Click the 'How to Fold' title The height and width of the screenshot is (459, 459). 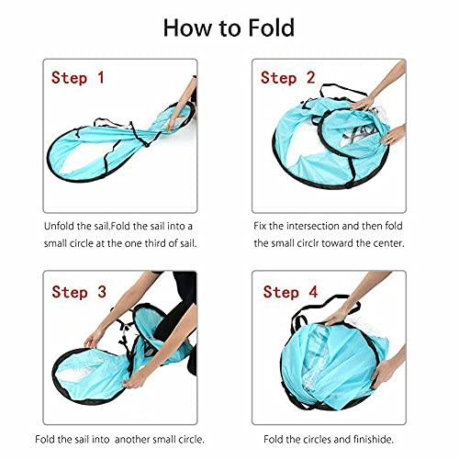click(x=229, y=27)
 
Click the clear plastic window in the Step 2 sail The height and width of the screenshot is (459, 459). click(x=363, y=138)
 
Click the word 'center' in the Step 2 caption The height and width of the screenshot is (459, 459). click(x=409, y=244)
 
